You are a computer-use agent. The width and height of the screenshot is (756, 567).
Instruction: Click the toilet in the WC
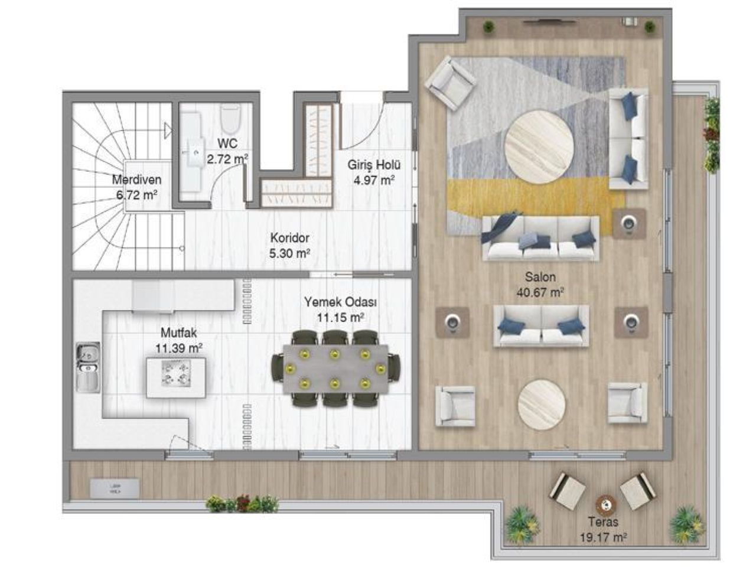231,120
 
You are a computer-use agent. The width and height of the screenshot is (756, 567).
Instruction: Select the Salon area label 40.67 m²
540,292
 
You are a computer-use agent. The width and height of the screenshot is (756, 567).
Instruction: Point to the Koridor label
289,239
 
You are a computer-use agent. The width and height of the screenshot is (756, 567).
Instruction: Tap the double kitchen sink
87,367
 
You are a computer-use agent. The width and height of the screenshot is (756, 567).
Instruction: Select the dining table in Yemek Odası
335,369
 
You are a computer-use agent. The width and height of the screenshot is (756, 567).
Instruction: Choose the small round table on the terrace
605,504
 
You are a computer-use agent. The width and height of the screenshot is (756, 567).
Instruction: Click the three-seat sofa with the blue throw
540,238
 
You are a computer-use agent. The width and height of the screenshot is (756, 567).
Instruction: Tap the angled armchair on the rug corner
451,83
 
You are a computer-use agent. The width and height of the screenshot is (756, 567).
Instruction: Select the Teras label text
603,522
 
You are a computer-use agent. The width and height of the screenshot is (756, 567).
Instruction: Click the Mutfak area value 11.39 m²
179,348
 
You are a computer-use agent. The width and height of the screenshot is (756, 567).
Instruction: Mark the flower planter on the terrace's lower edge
242,504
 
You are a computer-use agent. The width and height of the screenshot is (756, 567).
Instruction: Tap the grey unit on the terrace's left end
115,488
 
